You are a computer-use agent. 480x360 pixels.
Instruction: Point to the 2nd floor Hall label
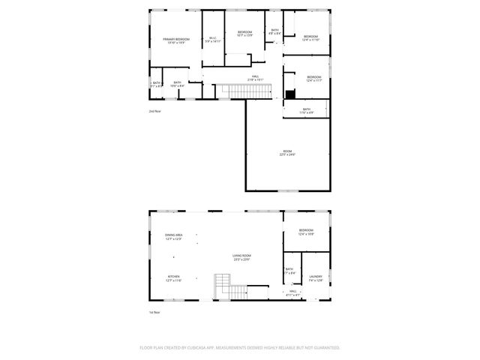pos(255,78)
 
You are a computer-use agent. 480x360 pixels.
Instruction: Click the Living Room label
pos(241,257)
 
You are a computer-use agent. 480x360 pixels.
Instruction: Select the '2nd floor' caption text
pos(155,111)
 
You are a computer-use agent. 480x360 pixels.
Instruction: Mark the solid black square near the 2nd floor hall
pos(289,94)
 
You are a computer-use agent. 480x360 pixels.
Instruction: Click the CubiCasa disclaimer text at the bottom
pos(240,348)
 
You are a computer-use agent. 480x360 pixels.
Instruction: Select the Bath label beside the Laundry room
pos(289,271)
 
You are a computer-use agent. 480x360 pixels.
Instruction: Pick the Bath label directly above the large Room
pos(306,110)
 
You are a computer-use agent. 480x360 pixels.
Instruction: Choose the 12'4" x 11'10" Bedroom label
pos(311,38)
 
